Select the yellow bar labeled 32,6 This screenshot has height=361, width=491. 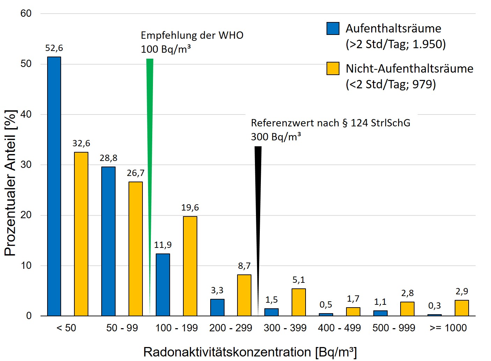(81, 234)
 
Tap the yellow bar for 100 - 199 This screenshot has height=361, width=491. (190, 266)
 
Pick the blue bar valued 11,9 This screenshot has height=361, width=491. (163, 285)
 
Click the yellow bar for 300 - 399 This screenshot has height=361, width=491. (299, 302)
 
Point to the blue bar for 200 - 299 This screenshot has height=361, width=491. (217, 307)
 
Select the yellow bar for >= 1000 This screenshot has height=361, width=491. (462, 308)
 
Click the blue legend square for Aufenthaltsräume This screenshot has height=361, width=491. (333, 29)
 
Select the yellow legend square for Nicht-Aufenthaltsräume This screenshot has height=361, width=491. (333, 68)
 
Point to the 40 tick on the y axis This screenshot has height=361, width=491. (26, 114)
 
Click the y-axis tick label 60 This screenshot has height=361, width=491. (26, 14)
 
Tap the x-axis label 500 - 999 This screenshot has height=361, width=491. (394, 328)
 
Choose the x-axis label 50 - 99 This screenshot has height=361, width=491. (122, 328)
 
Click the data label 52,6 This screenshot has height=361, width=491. (54, 48)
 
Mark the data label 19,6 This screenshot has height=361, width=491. (190, 208)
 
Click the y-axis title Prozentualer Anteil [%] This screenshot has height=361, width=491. (10, 183)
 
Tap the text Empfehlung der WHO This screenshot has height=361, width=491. (192, 35)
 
